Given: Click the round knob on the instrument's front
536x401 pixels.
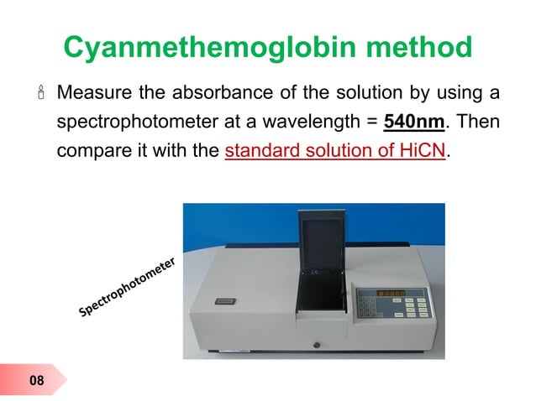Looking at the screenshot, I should [x=318, y=344].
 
